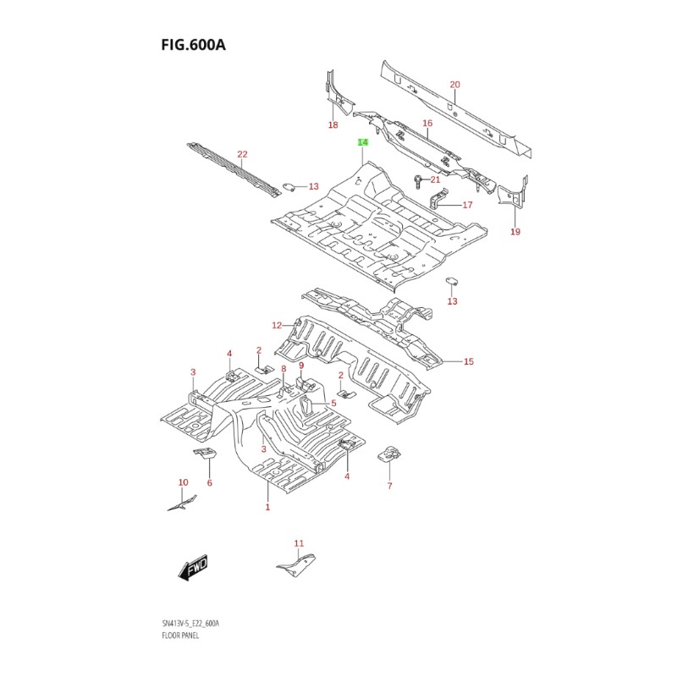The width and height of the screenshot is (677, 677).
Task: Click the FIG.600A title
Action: coord(193,44)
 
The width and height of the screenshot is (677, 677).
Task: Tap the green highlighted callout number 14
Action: coord(362,142)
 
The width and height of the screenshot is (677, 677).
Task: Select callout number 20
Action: coord(454,85)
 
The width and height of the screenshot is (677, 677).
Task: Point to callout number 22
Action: coord(242,154)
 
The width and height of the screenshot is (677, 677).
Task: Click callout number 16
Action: coord(427,124)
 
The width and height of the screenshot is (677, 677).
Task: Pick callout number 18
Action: coord(333,125)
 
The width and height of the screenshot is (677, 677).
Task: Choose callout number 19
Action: coord(515,232)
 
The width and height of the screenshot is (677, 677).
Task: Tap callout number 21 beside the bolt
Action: coord(435,179)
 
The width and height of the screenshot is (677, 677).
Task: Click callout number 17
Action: coord(467,205)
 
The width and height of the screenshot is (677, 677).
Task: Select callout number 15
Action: coord(469,361)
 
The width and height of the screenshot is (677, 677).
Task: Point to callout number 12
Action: coord(276,325)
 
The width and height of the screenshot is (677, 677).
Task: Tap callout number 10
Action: coord(183,482)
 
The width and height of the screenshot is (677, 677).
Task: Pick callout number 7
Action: coord(389,486)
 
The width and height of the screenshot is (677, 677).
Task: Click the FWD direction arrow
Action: coord(193,568)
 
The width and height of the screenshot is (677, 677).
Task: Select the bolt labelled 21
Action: coord(418,179)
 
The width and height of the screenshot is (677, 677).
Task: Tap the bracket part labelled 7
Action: coord(389,454)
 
